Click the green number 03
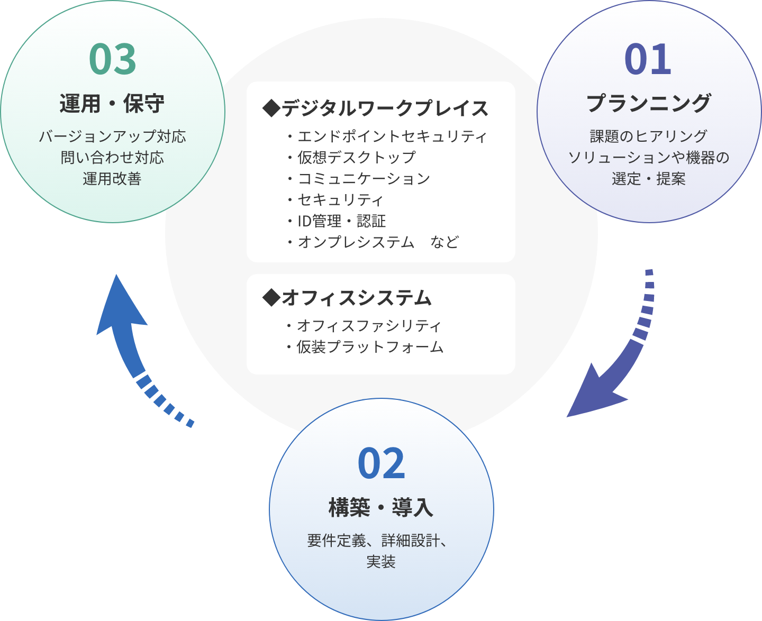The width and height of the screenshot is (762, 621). point(113,59)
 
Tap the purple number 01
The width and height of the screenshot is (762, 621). point(648,59)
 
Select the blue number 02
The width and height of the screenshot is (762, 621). point(381,464)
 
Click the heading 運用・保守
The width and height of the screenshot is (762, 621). point(112,103)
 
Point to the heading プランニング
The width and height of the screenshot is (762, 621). point(648,103)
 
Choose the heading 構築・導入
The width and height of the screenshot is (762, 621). point(381,507)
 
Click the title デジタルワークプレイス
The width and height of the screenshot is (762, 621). point(376,108)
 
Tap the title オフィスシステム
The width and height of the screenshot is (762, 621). point(348,298)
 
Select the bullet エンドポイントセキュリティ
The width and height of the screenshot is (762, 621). point(391,136)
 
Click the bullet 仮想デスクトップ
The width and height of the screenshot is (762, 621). point(356,158)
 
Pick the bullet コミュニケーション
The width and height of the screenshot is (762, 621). point(364,179)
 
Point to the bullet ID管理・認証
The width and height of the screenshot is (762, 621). point(341,221)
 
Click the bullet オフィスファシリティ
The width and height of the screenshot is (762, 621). point(368,325)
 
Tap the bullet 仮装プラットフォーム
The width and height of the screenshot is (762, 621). point(369,347)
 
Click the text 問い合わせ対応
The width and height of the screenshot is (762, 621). point(112,158)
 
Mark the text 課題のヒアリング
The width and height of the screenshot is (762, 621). point(648,136)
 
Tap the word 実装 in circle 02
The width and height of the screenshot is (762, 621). point(381,562)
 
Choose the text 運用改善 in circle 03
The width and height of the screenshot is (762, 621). point(112,179)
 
